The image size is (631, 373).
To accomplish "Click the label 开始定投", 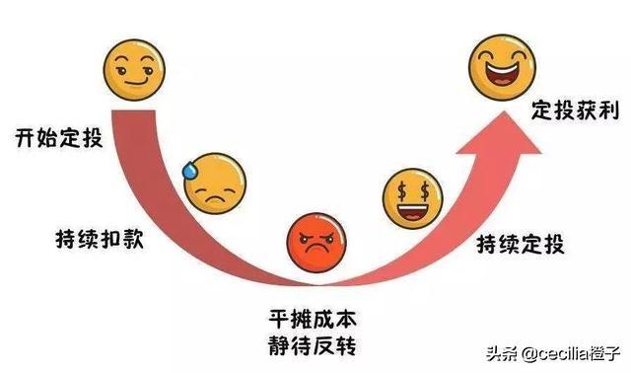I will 58,137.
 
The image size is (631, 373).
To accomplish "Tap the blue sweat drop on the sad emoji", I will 188,170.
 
